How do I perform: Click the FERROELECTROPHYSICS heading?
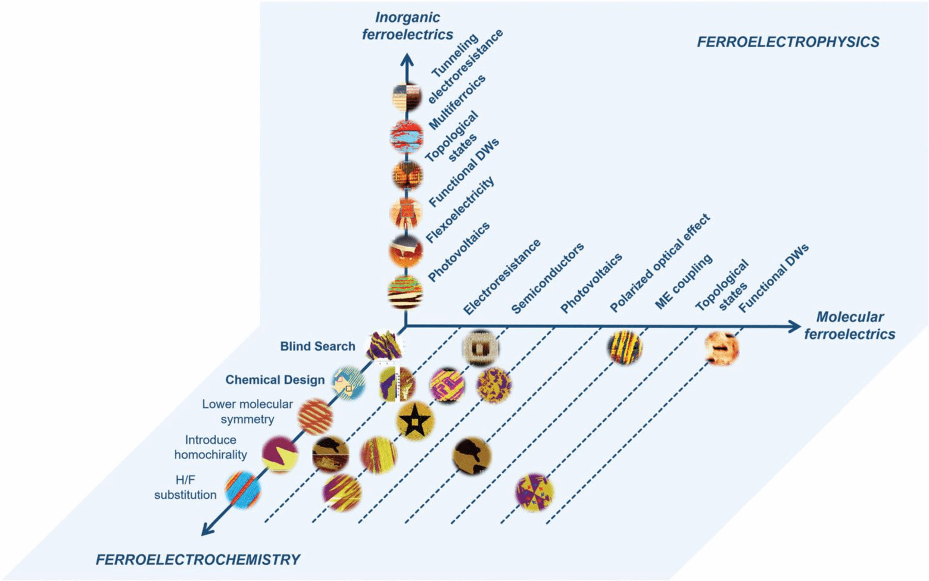click(788, 42)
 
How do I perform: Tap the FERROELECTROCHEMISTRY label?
click(198, 560)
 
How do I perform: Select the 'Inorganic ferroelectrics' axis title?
click(407, 26)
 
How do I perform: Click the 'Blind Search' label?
click(317, 346)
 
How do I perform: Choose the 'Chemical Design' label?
click(275, 380)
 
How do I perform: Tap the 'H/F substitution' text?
click(185, 487)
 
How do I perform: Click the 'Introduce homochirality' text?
click(210, 447)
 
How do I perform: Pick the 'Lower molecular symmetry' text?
click(247, 411)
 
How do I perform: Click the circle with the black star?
click(414, 421)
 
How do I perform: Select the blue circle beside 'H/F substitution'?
click(242, 489)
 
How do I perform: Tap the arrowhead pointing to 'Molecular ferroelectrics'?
click(794, 326)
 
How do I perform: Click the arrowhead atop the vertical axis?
click(407, 60)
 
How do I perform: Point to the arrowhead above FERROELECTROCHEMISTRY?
click(207, 528)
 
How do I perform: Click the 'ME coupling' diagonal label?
click(684, 282)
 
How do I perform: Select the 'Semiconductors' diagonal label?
click(547, 278)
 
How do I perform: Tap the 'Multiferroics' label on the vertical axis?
click(457, 102)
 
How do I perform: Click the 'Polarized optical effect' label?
click(660, 263)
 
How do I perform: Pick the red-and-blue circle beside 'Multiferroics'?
click(406, 136)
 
